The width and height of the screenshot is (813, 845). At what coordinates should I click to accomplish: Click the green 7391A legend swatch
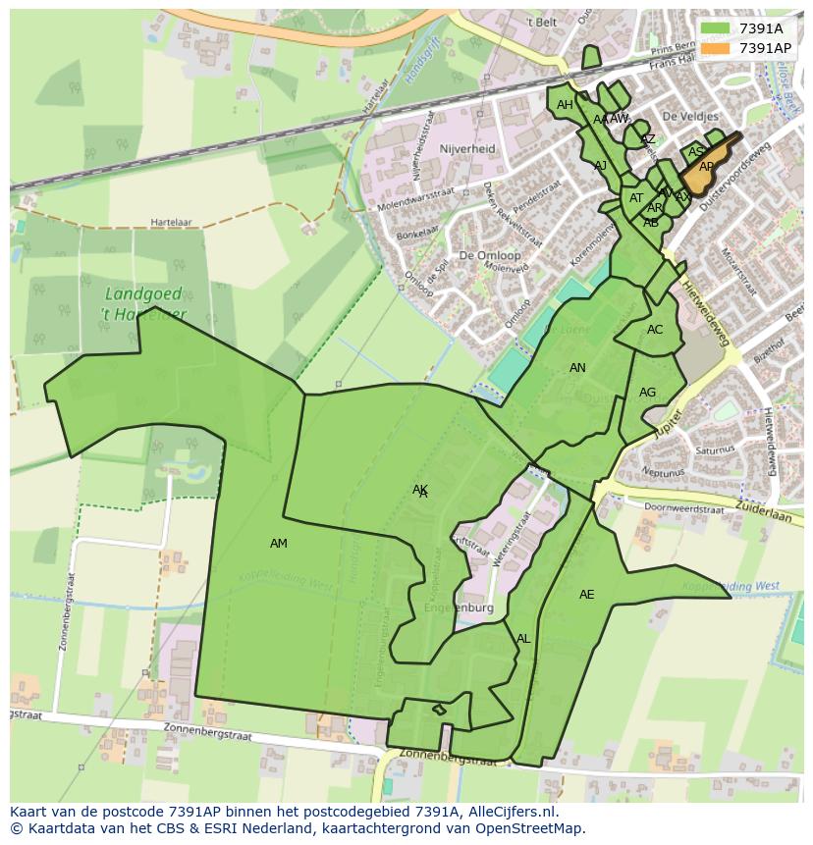716,28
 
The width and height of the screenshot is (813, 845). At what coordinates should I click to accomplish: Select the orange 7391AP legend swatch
716,47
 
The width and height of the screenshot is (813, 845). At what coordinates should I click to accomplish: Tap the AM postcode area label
279,544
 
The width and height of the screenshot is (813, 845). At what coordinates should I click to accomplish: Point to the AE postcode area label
586,595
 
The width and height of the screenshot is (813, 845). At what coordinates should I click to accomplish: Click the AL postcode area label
523,639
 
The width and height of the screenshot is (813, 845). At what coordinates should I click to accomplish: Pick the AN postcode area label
577,368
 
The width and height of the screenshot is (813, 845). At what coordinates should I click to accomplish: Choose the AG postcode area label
647,393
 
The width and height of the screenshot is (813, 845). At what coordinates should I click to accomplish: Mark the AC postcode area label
655,330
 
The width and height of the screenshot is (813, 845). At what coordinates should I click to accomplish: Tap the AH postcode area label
565,105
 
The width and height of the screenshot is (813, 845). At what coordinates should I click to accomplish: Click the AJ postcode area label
600,166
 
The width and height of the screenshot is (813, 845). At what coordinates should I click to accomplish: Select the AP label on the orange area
706,168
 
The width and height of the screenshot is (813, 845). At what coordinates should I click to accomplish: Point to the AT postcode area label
636,198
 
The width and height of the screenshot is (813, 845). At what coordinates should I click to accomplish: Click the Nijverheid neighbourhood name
468,149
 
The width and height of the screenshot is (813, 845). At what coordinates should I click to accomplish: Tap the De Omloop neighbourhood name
490,255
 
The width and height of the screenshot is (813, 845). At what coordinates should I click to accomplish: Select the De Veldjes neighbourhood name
684,116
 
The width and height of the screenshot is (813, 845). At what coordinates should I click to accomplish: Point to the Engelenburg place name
459,608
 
